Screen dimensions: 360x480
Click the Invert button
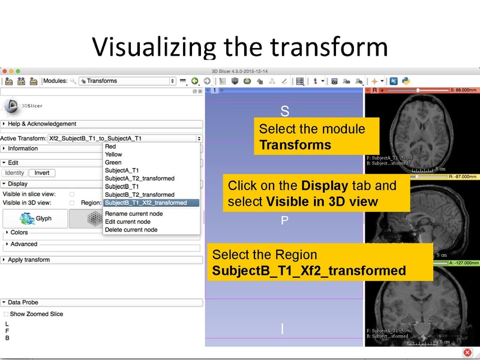coord(42,173)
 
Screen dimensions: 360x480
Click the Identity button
coord(14,173)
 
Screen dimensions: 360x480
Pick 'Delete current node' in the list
coord(131,230)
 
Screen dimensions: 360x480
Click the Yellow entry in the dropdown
coord(113,154)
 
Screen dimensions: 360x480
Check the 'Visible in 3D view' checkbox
coord(72,203)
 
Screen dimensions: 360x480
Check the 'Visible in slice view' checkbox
coord(72,194)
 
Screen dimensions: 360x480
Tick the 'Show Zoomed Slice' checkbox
coord(6,314)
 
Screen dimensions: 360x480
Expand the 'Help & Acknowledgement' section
coord(42,124)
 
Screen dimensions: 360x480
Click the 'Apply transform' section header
coord(29,260)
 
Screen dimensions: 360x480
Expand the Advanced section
coord(24,244)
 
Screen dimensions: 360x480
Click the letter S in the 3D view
coord(285,112)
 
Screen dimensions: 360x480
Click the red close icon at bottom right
coord(467,352)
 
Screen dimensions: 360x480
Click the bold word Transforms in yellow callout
coord(295,145)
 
